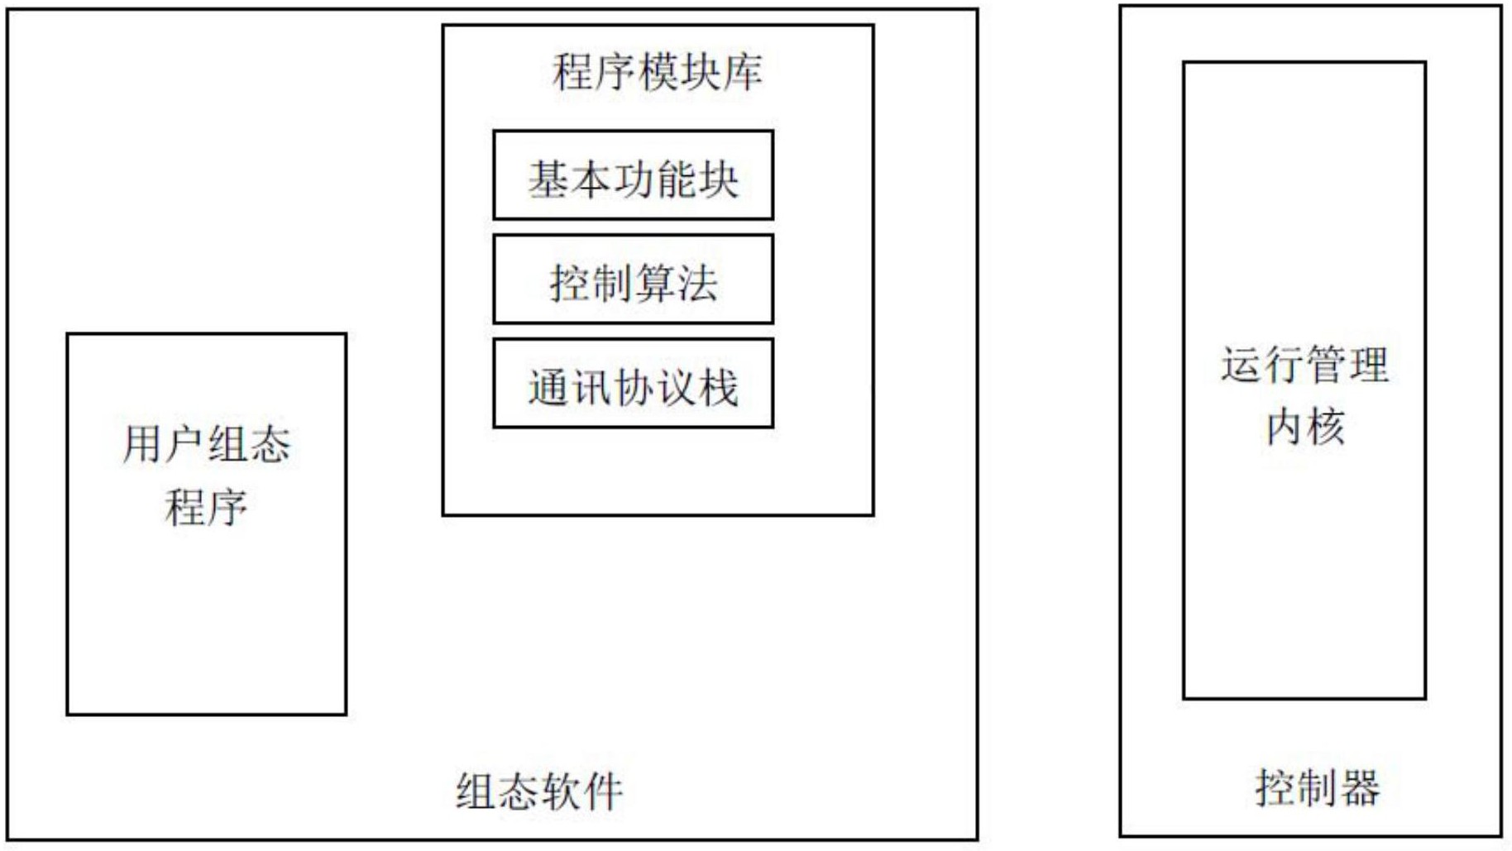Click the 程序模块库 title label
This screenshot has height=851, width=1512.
(x=658, y=72)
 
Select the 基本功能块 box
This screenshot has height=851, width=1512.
(x=633, y=175)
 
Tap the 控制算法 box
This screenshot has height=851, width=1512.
(x=633, y=280)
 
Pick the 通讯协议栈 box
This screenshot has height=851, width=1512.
(x=633, y=384)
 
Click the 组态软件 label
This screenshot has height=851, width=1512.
(x=539, y=791)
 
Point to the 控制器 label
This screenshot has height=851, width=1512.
(x=1318, y=786)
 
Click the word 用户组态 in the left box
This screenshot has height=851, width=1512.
(x=207, y=444)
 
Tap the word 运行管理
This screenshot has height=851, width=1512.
(x=1304, y=365)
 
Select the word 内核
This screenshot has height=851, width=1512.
(x=1304, y=427)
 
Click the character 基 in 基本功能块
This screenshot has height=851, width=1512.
(x=548, y=179)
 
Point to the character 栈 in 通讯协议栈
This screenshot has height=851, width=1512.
(x=718, y=388)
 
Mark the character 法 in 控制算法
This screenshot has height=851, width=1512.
(x=697, y=284)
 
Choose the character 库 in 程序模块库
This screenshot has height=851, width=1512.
(x=743, y=72)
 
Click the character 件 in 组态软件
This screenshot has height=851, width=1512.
(x=603, y=791)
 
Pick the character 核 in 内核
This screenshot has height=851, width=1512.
(x=1326, y=427)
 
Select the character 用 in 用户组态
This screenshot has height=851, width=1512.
(x=142, y=444)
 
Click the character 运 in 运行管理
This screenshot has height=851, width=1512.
(x=1241, y=365)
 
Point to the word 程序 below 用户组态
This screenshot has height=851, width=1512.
(x=206, y=507)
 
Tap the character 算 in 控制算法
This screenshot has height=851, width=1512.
(x=654, y=284)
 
